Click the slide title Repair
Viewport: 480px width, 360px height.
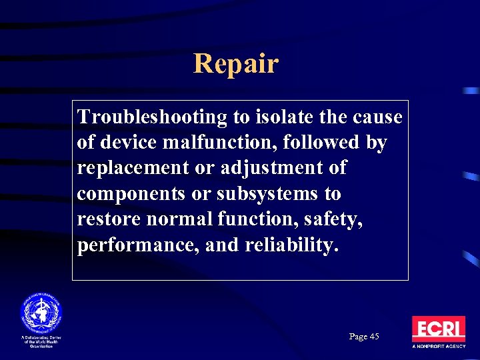pos(235,64)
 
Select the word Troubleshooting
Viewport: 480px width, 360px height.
pos(153,117)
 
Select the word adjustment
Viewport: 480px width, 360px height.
pos(267,168)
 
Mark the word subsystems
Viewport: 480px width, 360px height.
pos(264,194)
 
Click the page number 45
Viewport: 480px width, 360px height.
pos(373,337)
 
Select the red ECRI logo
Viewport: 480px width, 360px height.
pos(438,329)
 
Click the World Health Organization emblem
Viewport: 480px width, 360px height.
pos(41,313)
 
